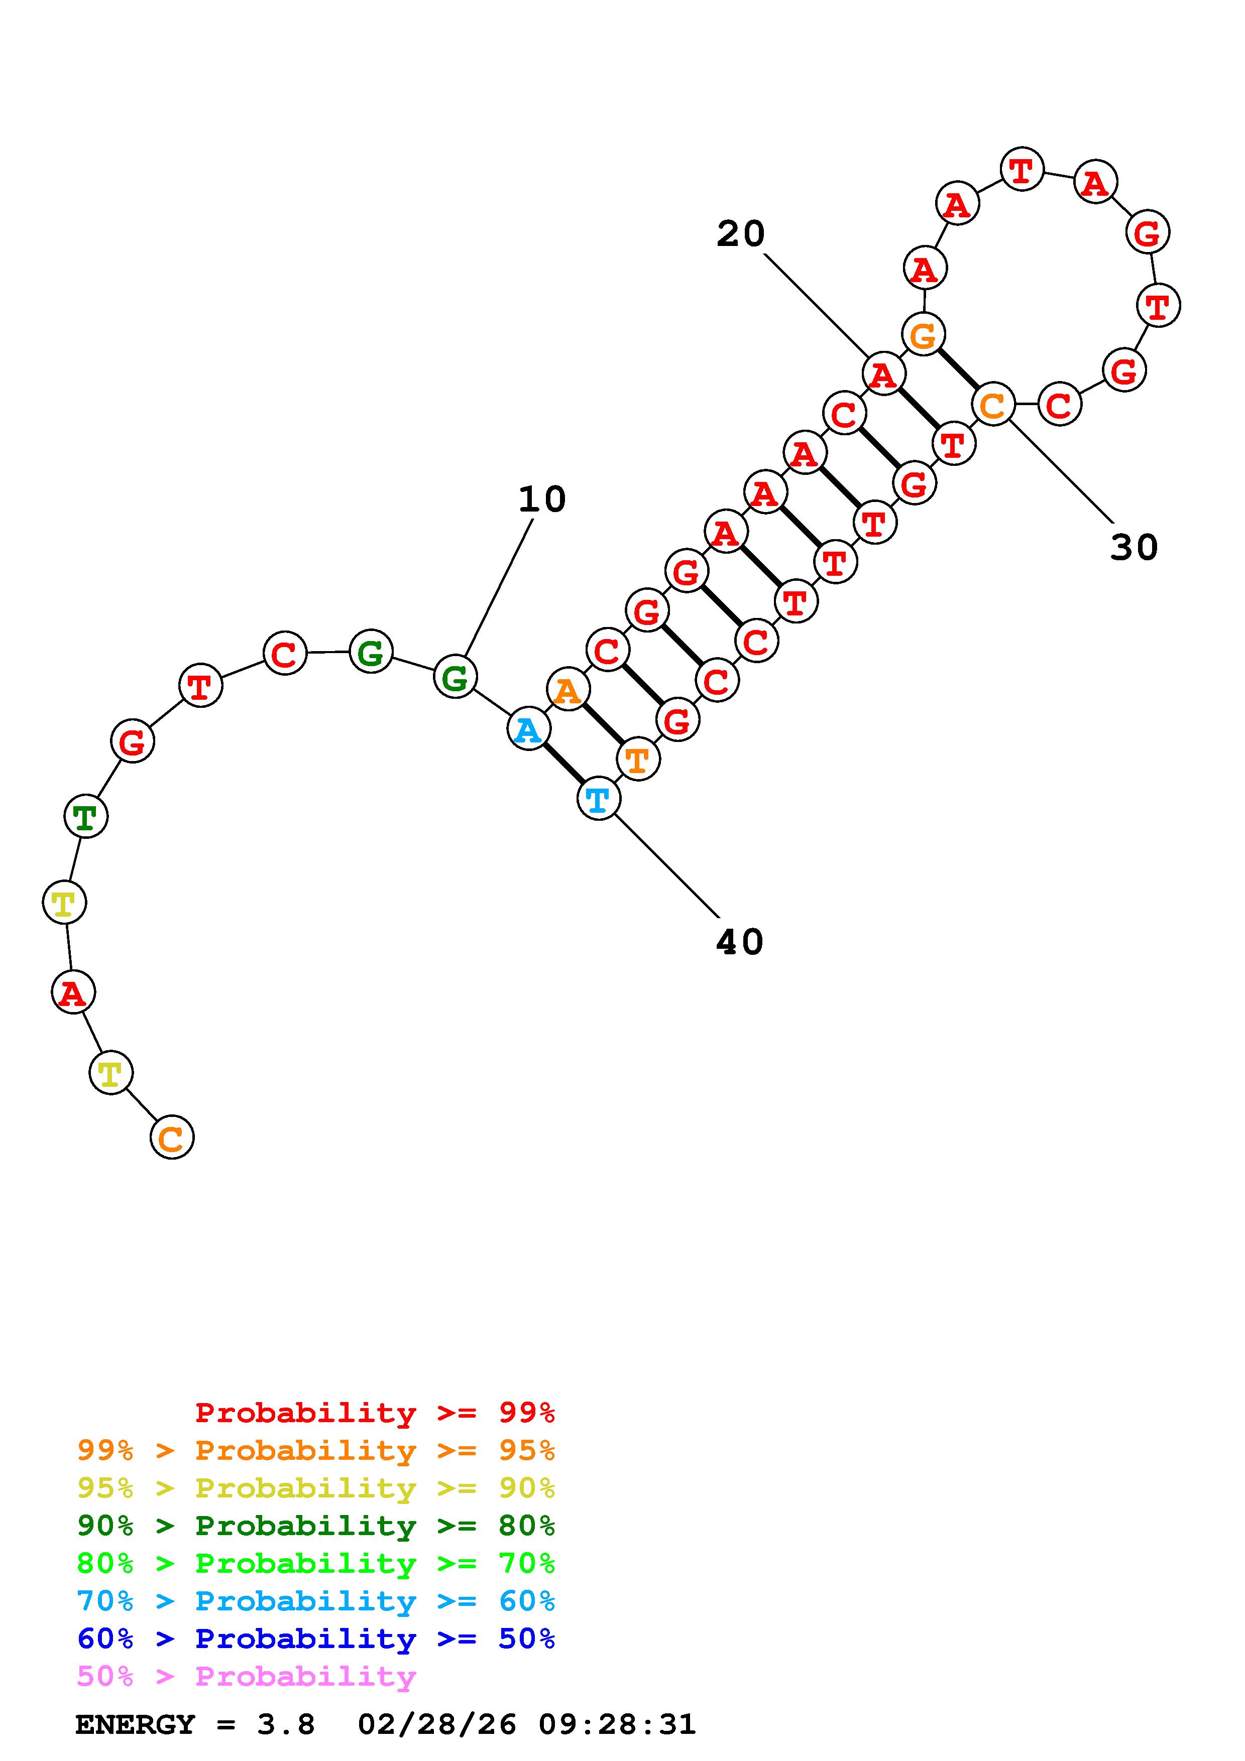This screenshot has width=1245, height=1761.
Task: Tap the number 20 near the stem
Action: point(740,234)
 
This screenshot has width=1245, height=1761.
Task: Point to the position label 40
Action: point(739,942)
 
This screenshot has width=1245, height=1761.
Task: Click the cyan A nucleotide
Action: point(528,729)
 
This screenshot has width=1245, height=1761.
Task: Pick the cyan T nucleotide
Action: point(598,799)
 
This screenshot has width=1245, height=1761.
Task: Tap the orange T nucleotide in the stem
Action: point(637,760)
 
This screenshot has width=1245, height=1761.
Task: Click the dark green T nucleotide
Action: point(86,817)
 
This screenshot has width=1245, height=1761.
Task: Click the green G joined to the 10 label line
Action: point(456,677)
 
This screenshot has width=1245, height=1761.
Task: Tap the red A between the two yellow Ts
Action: point(73,992)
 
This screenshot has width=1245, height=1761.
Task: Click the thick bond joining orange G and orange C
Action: point(958,369)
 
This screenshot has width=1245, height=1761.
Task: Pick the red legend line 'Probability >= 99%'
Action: point(374,1412)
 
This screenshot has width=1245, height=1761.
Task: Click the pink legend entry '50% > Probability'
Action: point(246,1676)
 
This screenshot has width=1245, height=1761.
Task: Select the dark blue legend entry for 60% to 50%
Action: point(315,1639)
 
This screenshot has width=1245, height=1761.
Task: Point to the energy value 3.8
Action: point(285,1724)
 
